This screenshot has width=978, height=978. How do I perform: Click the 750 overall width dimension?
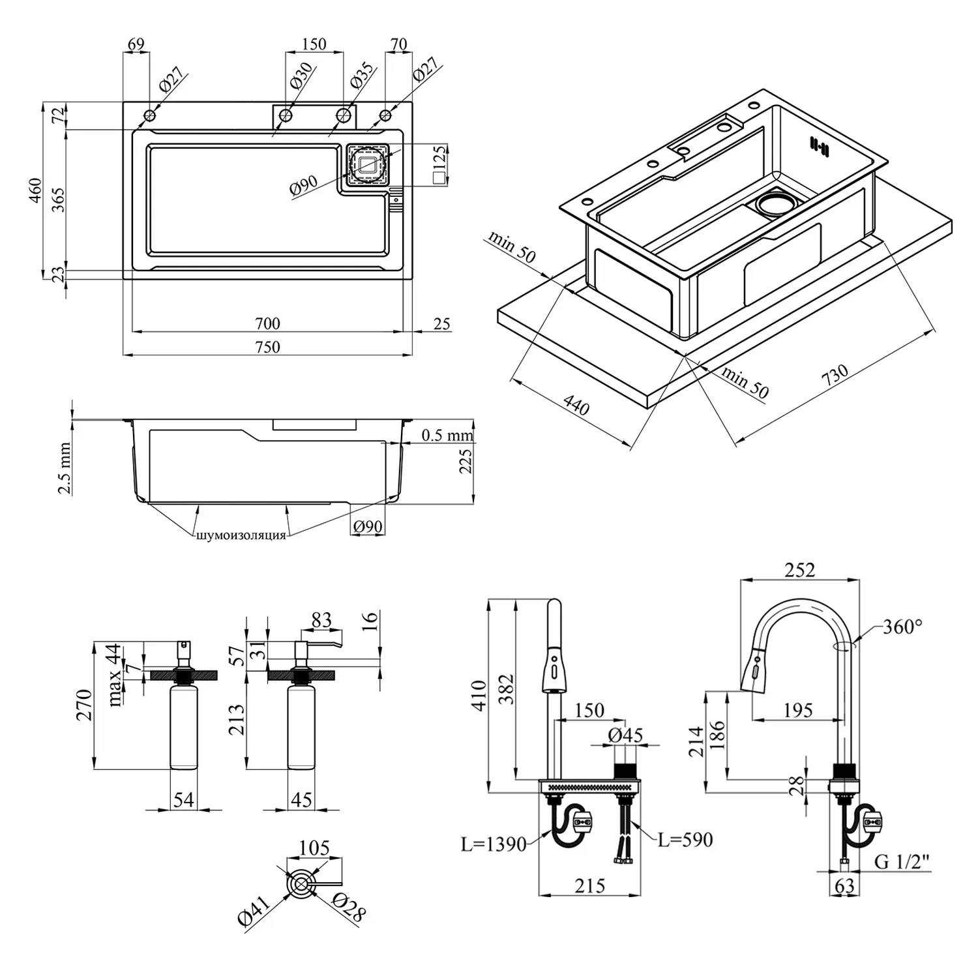[267, 346]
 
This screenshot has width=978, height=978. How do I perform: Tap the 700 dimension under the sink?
[267, 323]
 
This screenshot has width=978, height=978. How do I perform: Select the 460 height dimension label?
[37, 191]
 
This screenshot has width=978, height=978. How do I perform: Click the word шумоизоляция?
[241, 535]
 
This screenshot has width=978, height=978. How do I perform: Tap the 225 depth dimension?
[466, 460]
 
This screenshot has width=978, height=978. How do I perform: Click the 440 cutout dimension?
[576, 406]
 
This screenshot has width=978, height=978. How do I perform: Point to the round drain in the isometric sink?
[776, 201]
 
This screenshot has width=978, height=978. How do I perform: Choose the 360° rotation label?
[902, 627]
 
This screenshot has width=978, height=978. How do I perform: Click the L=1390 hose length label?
[493, 844]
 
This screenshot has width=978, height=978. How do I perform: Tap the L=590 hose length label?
[685, 840]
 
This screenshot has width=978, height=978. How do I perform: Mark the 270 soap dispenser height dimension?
[85, 705]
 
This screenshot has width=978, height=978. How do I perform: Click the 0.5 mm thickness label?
[447, 435]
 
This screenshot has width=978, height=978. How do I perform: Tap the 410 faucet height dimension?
[479, 695]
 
